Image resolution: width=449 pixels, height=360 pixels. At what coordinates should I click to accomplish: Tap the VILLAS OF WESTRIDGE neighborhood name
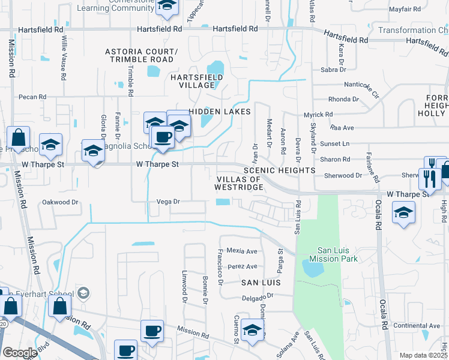(x=239, y=184)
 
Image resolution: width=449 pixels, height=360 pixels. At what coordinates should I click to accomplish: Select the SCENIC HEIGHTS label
(x=279, y=170)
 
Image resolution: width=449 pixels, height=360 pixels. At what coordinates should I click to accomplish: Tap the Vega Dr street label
(x=168, y=202)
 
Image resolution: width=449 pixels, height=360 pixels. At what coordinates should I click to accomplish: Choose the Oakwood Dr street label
(x=61, y=202)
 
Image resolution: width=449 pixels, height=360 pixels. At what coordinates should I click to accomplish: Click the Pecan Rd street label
(x=32, y=97)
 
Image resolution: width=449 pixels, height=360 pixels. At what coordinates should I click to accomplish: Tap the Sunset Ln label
(x=337, y=144)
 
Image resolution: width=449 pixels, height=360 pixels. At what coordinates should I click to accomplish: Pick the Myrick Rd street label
(x=318, y=114)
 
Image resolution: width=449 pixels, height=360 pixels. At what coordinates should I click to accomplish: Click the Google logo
(x=19, y=353)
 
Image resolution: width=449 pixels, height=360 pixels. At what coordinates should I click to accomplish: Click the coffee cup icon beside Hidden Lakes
(x=162, y=137)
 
